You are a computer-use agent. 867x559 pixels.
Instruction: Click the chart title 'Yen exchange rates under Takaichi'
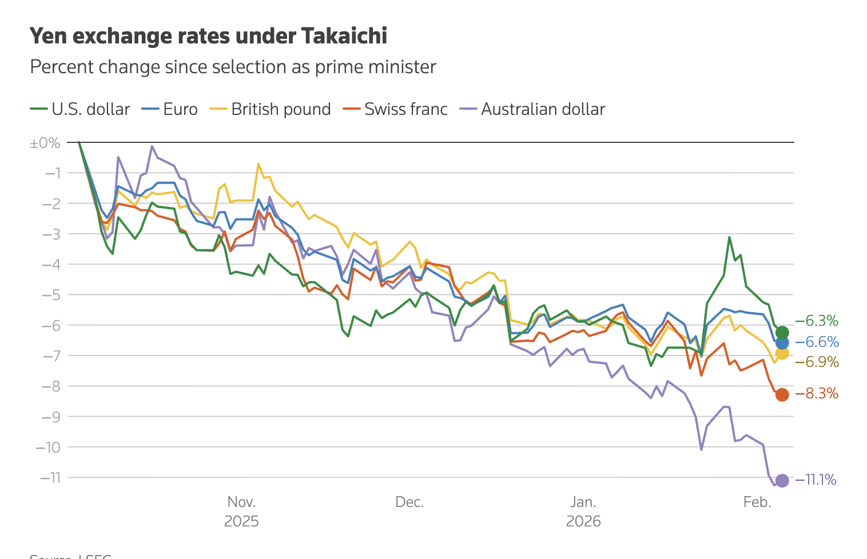[x=208, y=36]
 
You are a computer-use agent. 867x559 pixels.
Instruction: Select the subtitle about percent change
[x=233, y=67]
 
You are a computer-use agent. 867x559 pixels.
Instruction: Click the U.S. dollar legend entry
[x=80, y=109]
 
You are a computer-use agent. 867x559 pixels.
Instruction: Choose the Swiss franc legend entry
[x=395, y=109]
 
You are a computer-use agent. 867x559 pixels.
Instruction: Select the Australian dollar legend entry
[x=532, y=109]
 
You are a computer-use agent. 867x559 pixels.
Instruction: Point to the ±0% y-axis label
[x=45, y=143]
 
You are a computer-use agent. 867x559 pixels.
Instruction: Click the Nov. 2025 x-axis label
[x=241, y=512]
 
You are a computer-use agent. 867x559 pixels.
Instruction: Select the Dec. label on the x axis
[x=409, y=502]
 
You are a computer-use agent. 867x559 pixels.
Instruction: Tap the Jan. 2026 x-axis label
[x=583, y=512]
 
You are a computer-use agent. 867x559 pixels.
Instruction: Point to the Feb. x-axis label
[x=757, y=502]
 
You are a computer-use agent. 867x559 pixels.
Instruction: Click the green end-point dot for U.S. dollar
[x=782, y=333]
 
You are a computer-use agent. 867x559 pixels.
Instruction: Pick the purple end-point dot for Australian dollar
[x=782, y=481]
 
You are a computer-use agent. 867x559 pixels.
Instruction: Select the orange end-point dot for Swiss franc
[x=782, y=394]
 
